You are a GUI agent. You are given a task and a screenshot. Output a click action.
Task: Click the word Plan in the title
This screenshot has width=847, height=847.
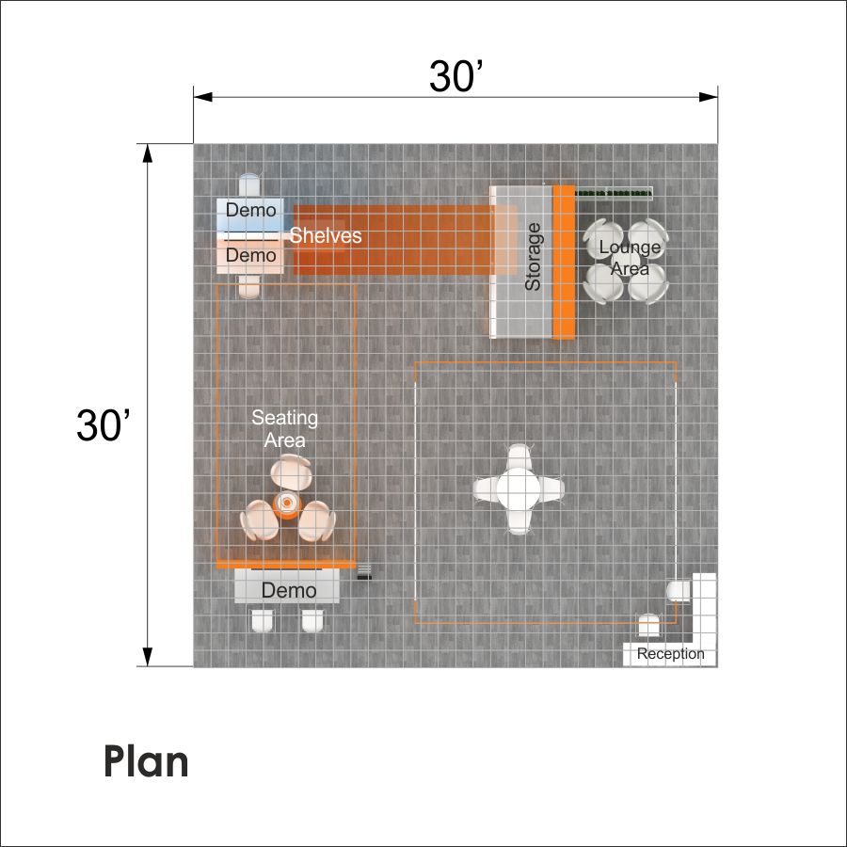pyautogui.click(x=146, y=761)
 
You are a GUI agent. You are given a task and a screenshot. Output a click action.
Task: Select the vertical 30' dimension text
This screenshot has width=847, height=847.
pyautogui.click(x=103, y=425)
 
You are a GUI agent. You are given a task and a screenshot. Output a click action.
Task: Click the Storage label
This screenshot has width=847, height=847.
pyautogui.click(x=533, y=257)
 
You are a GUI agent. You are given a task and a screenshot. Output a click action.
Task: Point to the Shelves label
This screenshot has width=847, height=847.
pyautogui.click(x=326, y=235)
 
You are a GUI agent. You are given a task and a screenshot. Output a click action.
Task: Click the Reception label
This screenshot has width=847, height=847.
pyautogui.click(x=670, y=654)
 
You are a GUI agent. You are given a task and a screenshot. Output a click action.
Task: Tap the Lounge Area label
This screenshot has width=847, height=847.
pyautogui.click(x=630, y=257)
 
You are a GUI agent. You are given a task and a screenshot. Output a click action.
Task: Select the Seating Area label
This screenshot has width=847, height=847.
pyautogui.click(x=284, y=429)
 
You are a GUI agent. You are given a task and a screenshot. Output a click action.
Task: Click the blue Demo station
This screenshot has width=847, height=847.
pyautogui.click(x=250, y=215)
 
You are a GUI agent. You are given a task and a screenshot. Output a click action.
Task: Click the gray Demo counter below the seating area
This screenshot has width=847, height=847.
pyautogui.click(x=287, y=586)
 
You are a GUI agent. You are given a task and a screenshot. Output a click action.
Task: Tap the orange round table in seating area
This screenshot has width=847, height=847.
pyautogui.click(x=287, y=504)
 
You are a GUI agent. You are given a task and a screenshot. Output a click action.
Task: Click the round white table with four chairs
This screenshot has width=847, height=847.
pyautogui.click(x=518, y=488)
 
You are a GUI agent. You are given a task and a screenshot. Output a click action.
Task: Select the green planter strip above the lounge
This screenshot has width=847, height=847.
pyautogui.click(x=614, y=193)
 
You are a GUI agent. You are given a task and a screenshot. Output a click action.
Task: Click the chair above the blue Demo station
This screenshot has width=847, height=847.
pyautogui.click(x=249, y=185)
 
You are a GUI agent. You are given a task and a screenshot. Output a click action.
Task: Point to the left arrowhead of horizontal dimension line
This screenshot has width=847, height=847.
pyautogui.click(x=203, y=97)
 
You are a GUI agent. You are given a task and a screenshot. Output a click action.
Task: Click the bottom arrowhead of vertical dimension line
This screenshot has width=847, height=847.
pyautogui.click(x=147, y=657)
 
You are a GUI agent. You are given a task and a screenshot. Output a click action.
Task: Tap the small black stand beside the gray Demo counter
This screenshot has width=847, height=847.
pyautogui.click(x=364, y=572)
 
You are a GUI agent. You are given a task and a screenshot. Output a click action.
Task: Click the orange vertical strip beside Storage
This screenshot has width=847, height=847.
pyautogui.click(x=564, y=262)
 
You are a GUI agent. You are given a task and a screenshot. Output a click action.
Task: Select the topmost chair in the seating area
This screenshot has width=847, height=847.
pyautogui.click(x=291, y=471)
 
